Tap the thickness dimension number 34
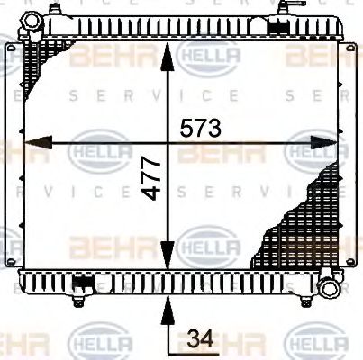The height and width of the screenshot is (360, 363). [x=202, y=339]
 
